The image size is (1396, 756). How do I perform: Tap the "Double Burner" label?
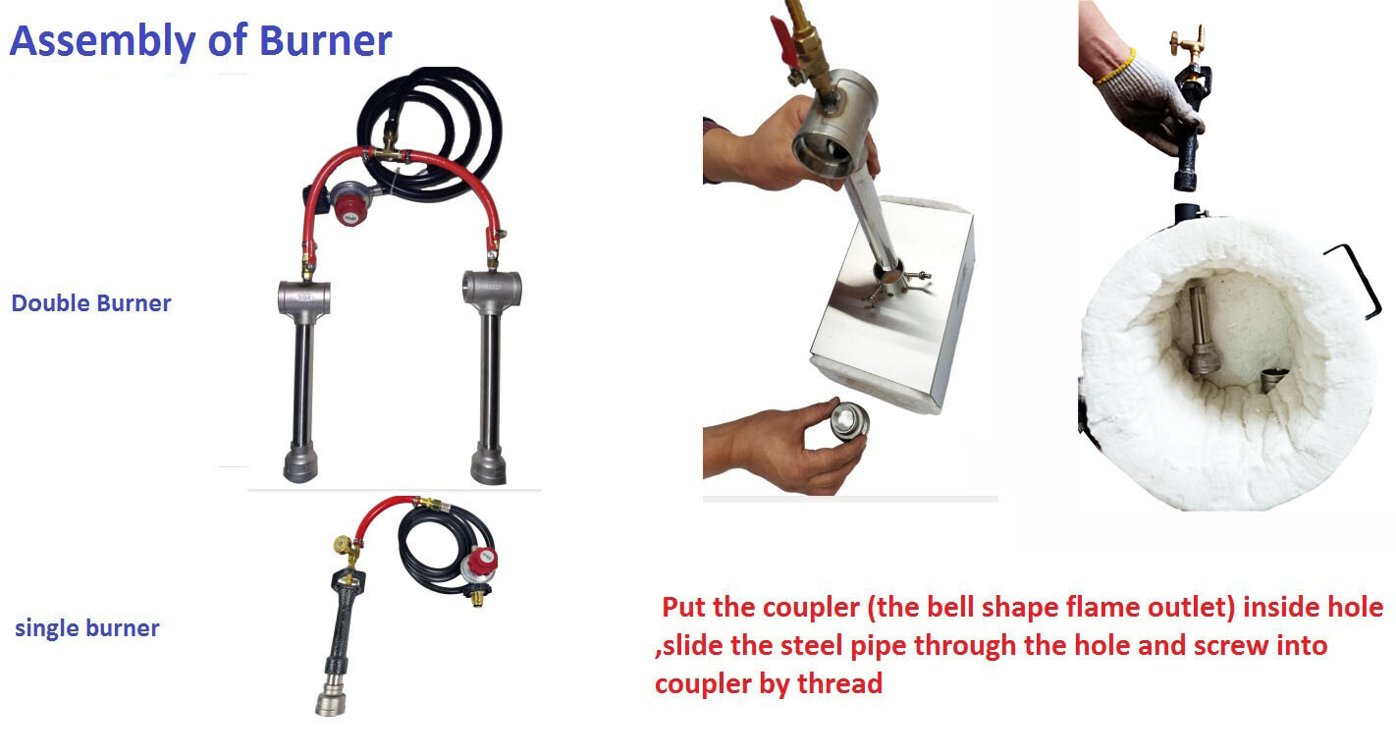point(91,303)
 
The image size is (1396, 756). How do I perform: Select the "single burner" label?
point(87,628)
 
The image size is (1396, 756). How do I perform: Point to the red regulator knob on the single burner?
point(483,564)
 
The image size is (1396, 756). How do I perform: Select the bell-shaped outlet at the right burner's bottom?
point(488,463)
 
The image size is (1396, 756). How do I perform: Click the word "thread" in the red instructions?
point(837,683)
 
